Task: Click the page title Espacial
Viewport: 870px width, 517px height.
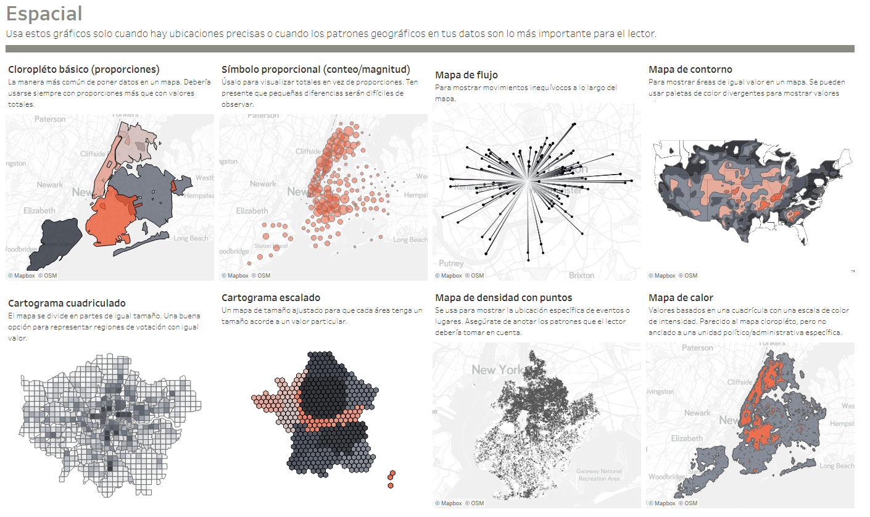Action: pyautogui.click(x=44, y=14)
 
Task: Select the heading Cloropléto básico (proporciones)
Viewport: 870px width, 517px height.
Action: pyautogui.click(x=84, y=69)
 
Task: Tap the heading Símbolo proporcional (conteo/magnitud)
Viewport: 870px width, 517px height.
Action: pyautogui.click(x=316, y=69)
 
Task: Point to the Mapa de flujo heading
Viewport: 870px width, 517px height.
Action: pyautogui.click(x=466, y=75)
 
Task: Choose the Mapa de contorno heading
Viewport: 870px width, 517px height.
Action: pyautogui.click(x=690, y=69)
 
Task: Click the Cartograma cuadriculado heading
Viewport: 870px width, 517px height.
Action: pyautogui.click(x=67, y=303)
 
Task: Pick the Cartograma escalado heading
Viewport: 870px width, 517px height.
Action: pyautogui.click(x=271, y=297)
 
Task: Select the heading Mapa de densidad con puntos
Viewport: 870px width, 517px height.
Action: pyautogui.click(x=503, y=297)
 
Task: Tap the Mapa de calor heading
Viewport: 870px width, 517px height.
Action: pyautogui.click(x=681, y=297)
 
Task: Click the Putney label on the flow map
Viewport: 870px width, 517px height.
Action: pyautogui.click(x=451, y=263)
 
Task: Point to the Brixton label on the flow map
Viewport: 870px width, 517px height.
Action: pyautogui.click(x=581, y=275)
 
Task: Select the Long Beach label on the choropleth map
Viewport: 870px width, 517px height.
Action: pyautogui.click(x=191, y=238)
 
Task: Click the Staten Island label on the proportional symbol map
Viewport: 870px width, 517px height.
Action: pyautogui.click(x=271, y=246)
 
